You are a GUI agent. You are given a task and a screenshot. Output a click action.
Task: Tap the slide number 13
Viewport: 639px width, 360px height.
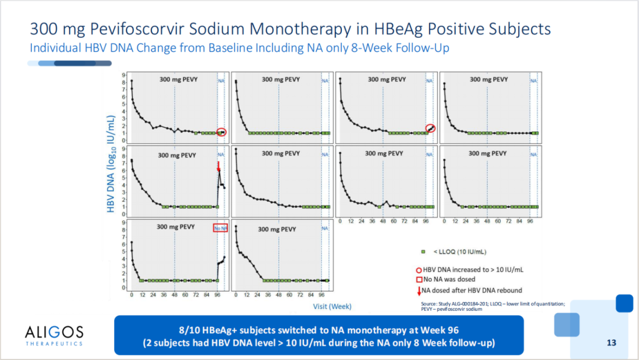click(612, 342)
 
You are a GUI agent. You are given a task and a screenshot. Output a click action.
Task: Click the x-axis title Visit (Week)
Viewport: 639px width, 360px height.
click(332, 306)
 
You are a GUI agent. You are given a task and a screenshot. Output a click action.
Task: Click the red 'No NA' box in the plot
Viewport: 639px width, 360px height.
click(220, 228)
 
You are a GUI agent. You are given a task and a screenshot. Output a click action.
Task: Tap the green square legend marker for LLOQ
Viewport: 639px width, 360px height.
click(422, 252)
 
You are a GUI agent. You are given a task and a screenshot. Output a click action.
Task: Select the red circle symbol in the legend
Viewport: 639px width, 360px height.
click(419, 269)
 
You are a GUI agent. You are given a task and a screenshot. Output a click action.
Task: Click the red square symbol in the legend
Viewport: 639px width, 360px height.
click(419, 279)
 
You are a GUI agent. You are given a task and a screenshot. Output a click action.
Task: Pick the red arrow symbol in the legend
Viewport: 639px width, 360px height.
click(419, 290)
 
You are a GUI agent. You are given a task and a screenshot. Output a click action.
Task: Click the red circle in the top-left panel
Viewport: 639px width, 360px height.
click(221, 132)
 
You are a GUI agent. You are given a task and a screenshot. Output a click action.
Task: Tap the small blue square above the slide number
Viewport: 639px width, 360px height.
click(624, 303)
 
